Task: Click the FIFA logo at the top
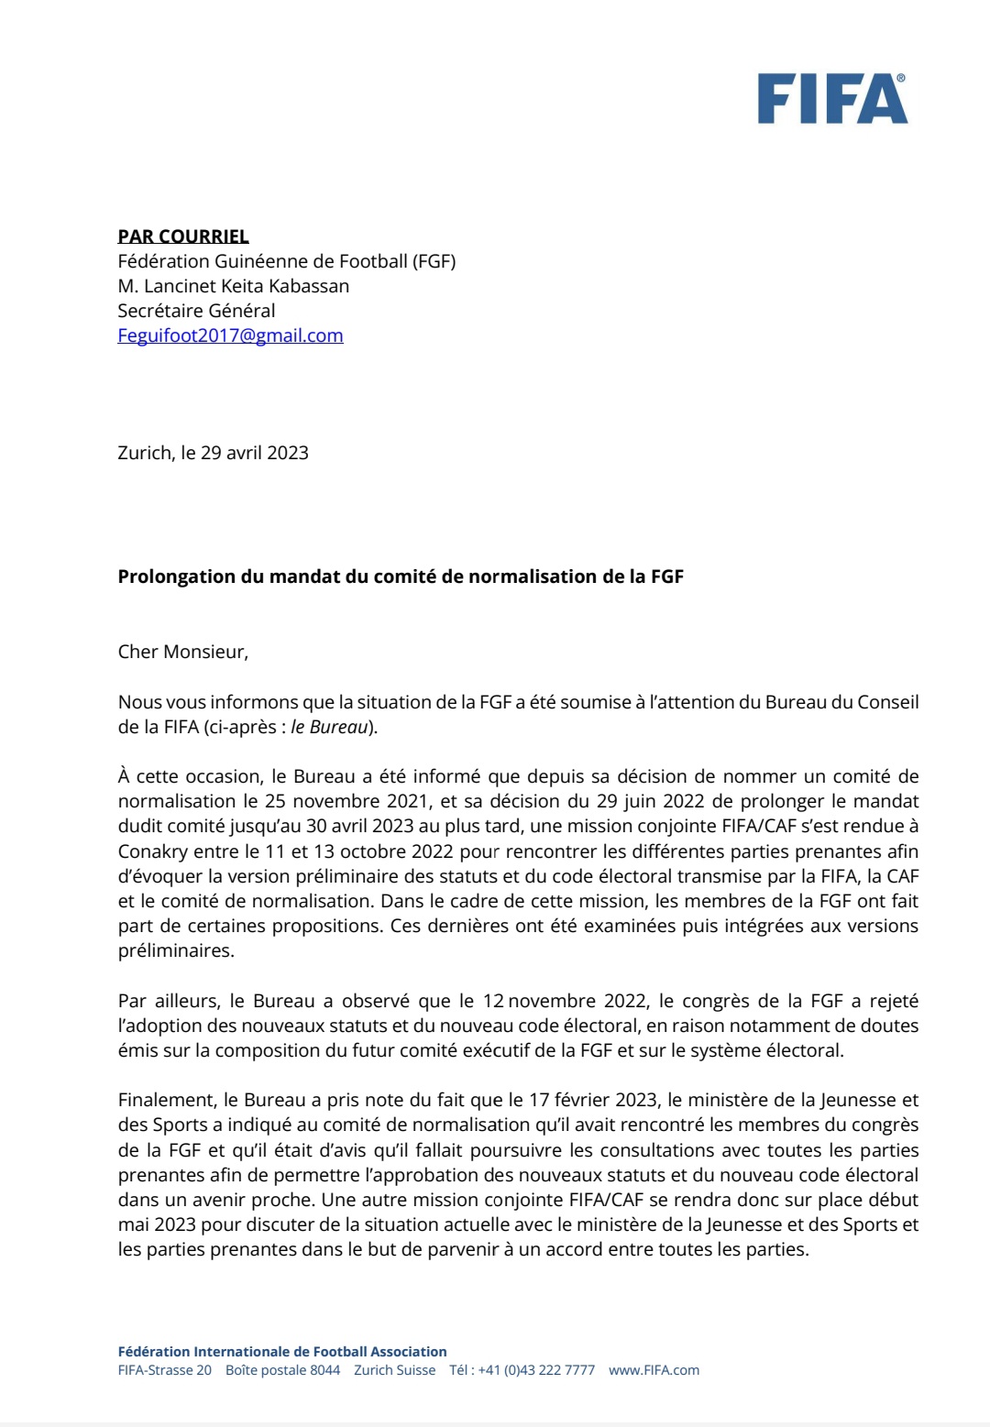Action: coord(831,99)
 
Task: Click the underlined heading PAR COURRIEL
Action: coord(183,236)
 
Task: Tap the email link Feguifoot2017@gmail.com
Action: coord(230,335)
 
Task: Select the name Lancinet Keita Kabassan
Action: coord(247,286)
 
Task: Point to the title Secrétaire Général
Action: coord(196,311)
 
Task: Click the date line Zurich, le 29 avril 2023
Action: coord(213,453)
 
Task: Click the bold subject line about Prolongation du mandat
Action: coord(401,576)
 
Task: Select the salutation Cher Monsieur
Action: coord(182,652)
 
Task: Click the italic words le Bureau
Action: coord(329,727)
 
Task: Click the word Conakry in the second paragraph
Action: coord(153,851)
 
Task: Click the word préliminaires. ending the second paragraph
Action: coord(176,950)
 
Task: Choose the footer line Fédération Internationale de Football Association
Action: coord(282,1352)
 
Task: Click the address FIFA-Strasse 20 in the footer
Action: coord(164,1370)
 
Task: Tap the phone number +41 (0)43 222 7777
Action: coord(536,1370)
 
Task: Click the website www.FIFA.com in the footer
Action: coord(654,1370)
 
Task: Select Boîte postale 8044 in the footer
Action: coord(282,1370)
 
